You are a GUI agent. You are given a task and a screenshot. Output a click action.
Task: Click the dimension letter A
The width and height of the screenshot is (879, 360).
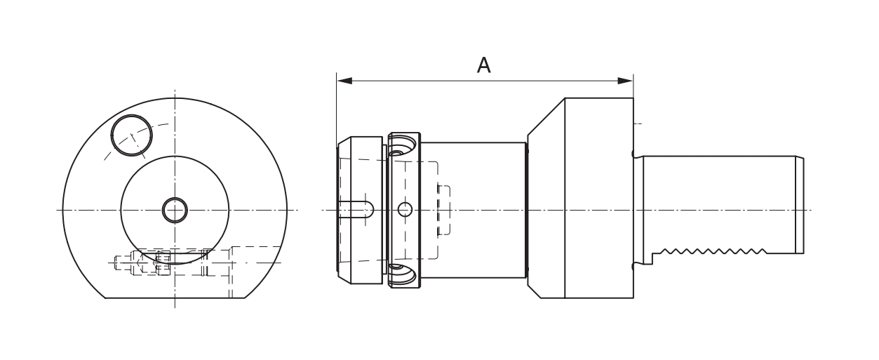point(483,65)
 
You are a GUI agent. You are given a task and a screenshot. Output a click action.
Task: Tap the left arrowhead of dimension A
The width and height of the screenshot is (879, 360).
point(344,81)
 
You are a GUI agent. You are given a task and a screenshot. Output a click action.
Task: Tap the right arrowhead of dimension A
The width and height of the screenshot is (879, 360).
point(626,81)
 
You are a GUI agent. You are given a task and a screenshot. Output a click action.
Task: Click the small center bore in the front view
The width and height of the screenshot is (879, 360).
point(175,210)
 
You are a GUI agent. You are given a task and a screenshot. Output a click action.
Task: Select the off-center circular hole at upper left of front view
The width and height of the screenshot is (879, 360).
point(131,135)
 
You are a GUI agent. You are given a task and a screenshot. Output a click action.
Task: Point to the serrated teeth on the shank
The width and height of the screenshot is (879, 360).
point(714,251)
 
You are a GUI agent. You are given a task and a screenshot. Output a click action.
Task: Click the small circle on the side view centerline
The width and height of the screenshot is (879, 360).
point(405,210)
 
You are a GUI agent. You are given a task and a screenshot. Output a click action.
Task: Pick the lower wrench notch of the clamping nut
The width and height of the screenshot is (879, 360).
point(401,274)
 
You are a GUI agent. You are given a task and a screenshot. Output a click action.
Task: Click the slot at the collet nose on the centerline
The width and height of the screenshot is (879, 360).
point(356,209)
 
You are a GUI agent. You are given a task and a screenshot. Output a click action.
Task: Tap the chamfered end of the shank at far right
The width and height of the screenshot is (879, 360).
point(800,206)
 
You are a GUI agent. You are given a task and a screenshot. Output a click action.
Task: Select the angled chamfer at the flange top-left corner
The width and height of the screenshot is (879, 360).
point(546,116)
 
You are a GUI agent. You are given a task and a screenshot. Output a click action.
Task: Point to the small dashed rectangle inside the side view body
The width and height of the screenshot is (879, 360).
point(444,210)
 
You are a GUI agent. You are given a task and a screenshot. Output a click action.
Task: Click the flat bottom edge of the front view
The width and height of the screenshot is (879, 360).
point(175,298)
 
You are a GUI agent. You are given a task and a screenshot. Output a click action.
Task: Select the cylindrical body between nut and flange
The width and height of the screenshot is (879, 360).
point(474,210)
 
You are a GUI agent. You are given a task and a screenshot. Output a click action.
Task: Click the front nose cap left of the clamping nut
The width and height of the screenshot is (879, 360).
point(360,210)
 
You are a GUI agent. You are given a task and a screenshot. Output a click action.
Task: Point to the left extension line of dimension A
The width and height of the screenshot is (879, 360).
point(337,108)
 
